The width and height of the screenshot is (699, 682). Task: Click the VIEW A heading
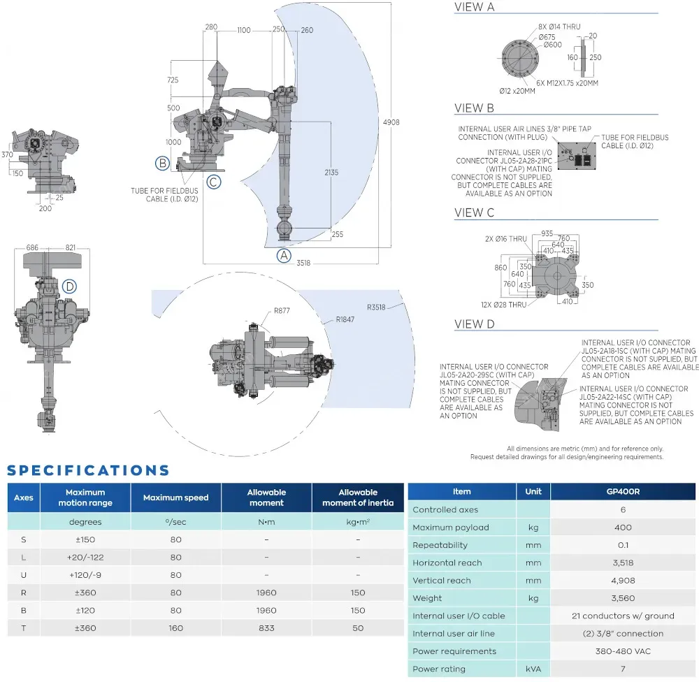point(475,8)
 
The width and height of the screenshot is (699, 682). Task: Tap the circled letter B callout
point(162,164)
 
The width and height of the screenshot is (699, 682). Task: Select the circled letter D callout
point(69,286)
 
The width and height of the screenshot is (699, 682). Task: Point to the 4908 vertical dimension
point(391,122)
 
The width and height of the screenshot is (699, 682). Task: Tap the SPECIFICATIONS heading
point(88,470)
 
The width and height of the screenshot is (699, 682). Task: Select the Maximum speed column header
point(175,498)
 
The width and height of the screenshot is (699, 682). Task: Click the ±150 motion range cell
point(85,539)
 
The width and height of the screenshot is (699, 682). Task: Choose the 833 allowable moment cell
point(266,628)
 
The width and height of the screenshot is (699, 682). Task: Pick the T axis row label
point(23,628)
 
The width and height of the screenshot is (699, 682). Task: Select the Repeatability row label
point(445,545)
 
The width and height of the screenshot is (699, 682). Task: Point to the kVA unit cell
point(533,669)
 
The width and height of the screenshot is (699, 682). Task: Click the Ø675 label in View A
point(548,36)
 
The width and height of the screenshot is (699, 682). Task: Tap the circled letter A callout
point(284,255)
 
